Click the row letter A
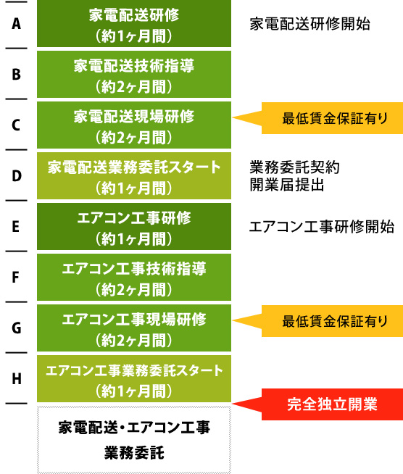[17, 24]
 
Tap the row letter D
[17, 176]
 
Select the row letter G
[17, 328]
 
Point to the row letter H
[17, 378]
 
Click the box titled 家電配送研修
[134, 24]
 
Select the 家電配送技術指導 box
[134, 75]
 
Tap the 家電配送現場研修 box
[134, 125]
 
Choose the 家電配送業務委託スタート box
[134, 176]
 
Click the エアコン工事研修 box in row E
[134, 227]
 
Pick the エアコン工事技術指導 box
[134, 278]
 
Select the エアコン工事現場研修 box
[134, 328]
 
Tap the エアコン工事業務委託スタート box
[134, 379]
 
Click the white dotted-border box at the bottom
[134, 440]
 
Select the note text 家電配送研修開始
[310, 24]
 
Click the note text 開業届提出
[287, 185]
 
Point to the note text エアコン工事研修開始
[322, 227]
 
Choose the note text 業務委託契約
[295, 167]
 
